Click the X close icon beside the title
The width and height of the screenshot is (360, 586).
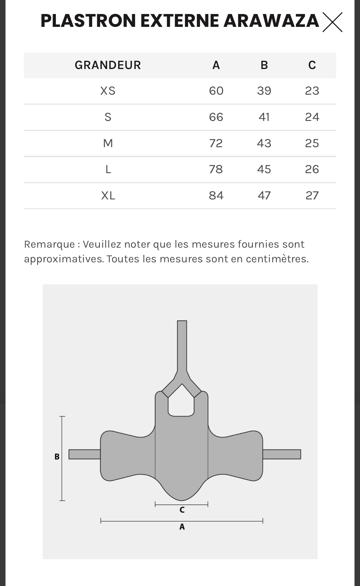pyautogui.click(x=332, y=22)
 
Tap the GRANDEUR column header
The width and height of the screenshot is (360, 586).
pyautogui.click(x=108, y=65)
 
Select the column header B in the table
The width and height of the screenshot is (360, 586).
pyautogui.click(x=264, y=65)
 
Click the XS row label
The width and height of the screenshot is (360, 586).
pyautogui.click(x=108, y=91)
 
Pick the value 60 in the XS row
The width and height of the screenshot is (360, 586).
pyautogui.click(x=216, y=91)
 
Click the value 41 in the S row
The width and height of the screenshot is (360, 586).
pyautogui.click(x=264, y=117)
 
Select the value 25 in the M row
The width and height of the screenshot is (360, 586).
pyautogui.click(x=312, y=143)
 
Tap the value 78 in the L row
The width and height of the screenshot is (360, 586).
pyautogui.click(x=216, y=169)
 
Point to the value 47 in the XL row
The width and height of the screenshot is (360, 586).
pyautogui.click(x=264, y=195)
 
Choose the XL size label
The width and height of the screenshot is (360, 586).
pyautogui.click(x=108, y=195)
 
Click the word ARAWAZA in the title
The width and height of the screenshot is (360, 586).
pyautogui.click(x=271, y=21)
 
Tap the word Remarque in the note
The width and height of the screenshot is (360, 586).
pyautogui.click(x=49, y=244)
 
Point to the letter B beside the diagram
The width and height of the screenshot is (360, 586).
pyautogui.click(x=57, y=457)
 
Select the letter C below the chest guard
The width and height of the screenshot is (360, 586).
pyautogui.click(x=182, y=510)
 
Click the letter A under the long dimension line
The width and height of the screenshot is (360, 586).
pyautogui.click(x=182, y=527)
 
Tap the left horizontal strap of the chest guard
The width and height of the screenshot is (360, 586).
pyautogui.click(x=85, y=454)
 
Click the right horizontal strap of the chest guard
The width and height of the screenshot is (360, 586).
pyautogui.click(x=282, y=454)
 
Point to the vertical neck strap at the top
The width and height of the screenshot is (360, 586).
pyautogui.click(x=182, y=345)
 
